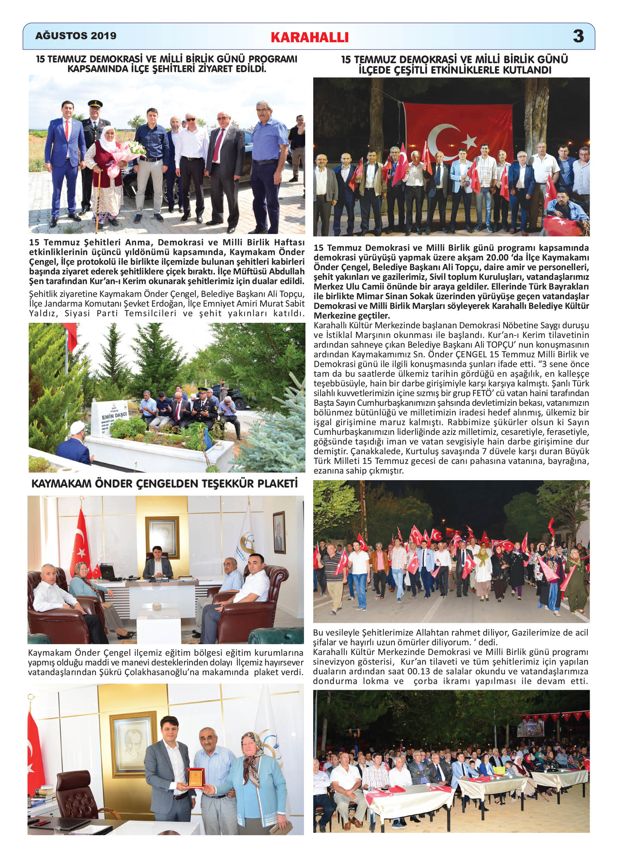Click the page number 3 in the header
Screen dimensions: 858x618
pyautogui.click(x=578, y=36)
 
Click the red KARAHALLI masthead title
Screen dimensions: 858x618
pyautogui.click(x=309, y=37)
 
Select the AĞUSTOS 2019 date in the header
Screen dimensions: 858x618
pyautogui.click(x=76, y=36)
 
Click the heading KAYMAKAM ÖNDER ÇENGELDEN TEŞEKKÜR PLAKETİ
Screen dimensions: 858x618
pyautogui.click(x=164, y=484)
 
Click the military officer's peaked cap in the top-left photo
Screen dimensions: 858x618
pyautogui.click(x=95, y=104)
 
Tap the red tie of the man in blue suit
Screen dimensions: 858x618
pyautogui.click(x=66, y=130)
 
